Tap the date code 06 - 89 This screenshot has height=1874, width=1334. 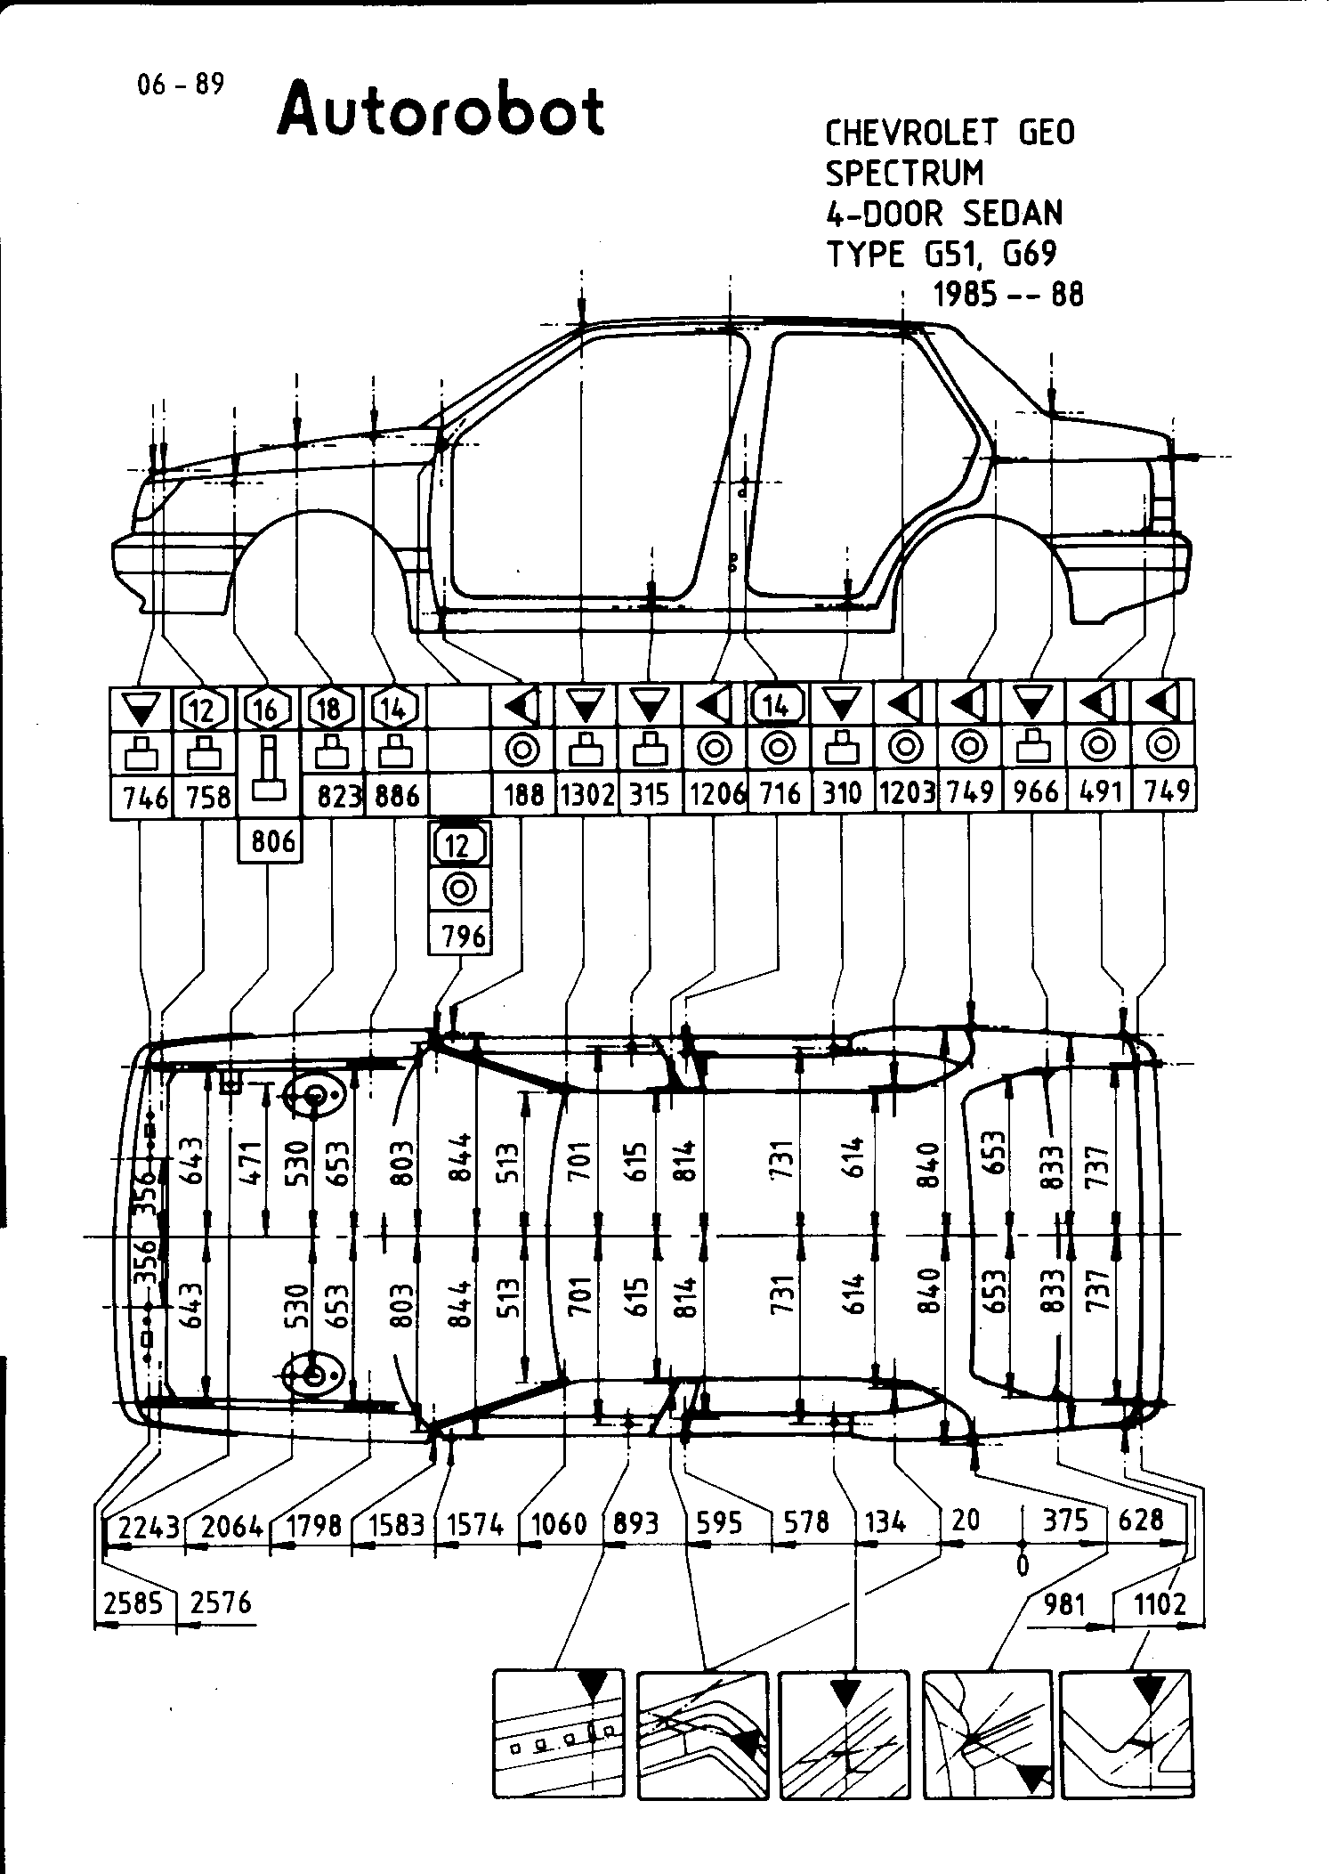tap(181, 85)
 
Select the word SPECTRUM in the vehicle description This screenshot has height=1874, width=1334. tap(904, 173)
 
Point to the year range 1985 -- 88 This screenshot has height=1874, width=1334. tap(1008, 294)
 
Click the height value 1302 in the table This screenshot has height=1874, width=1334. tap(586, 794)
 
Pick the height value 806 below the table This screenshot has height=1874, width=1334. tap(272, 840)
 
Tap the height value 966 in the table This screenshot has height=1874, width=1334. tap(1035, 792)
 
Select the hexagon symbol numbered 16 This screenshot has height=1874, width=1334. tap(266, 710)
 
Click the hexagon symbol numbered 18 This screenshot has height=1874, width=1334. tap(330, 710)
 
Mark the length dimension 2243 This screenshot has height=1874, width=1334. tap(147, 1527)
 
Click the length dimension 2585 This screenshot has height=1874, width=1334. tap(133, 1603)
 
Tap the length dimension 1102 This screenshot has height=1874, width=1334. tap(1160, 1604)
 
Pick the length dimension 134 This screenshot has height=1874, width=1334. tap(884, 1522)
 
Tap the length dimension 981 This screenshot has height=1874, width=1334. tap(1064, 1604)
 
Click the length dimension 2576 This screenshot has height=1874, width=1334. tap(221, 1603)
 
